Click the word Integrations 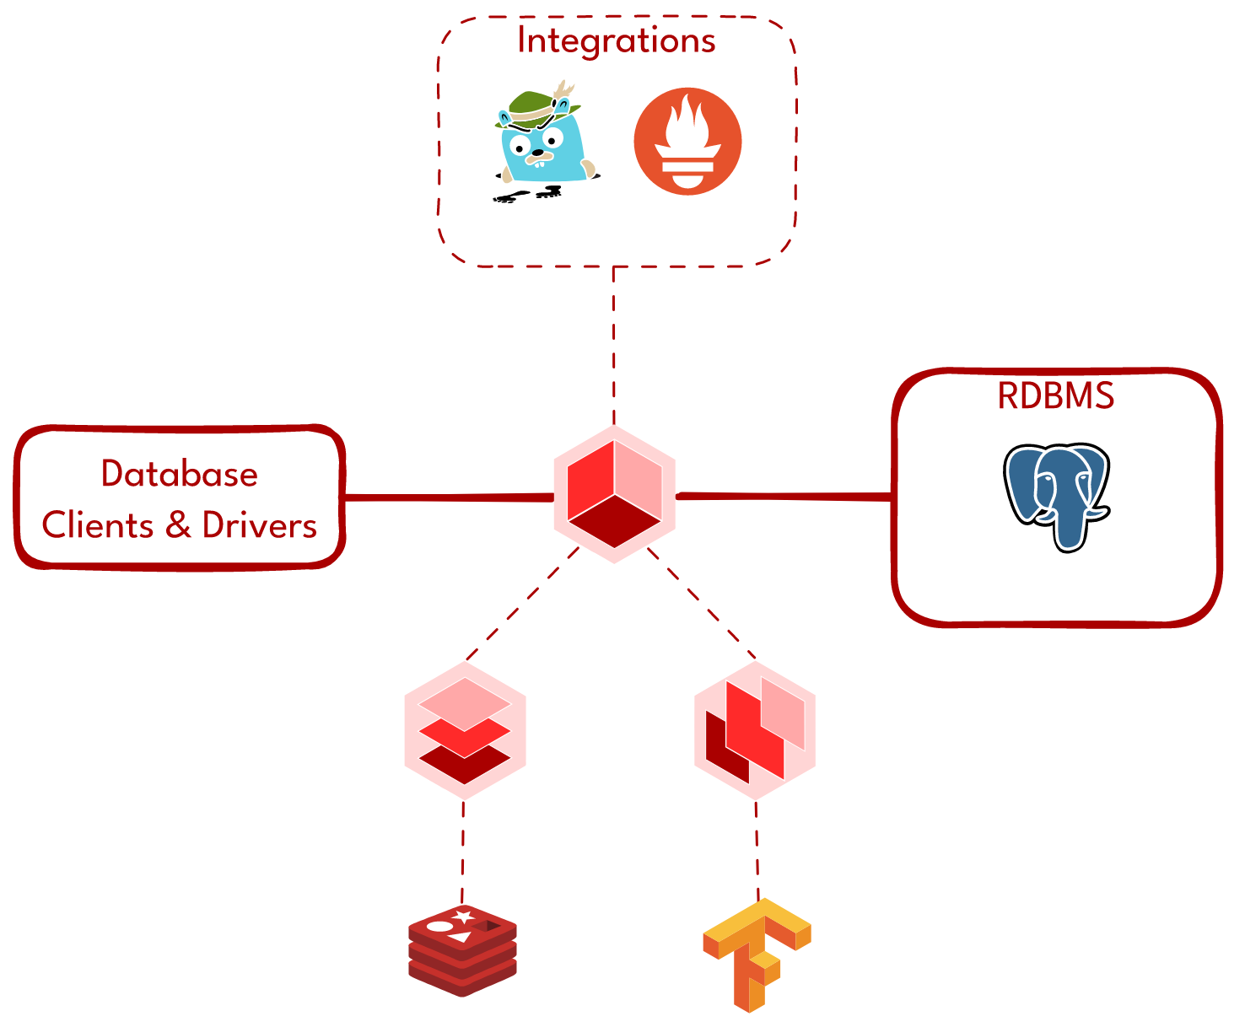pos(617,41)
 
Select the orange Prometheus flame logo pos(687,142)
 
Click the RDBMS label pos(1056,395)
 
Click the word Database pos(180,474)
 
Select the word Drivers pos(260,526)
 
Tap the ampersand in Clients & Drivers pos(178,526)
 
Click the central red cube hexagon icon pos(614,495)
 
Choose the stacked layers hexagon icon pos(465,730)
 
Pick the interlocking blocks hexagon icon pos(755,730)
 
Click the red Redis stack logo pos(462,951)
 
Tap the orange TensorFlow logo pos(756,953)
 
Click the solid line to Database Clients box pos(447,497)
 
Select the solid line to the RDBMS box pos(784,497)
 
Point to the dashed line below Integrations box pos(613,346)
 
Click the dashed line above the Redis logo pos(462,852)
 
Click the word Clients pos(98,526)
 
